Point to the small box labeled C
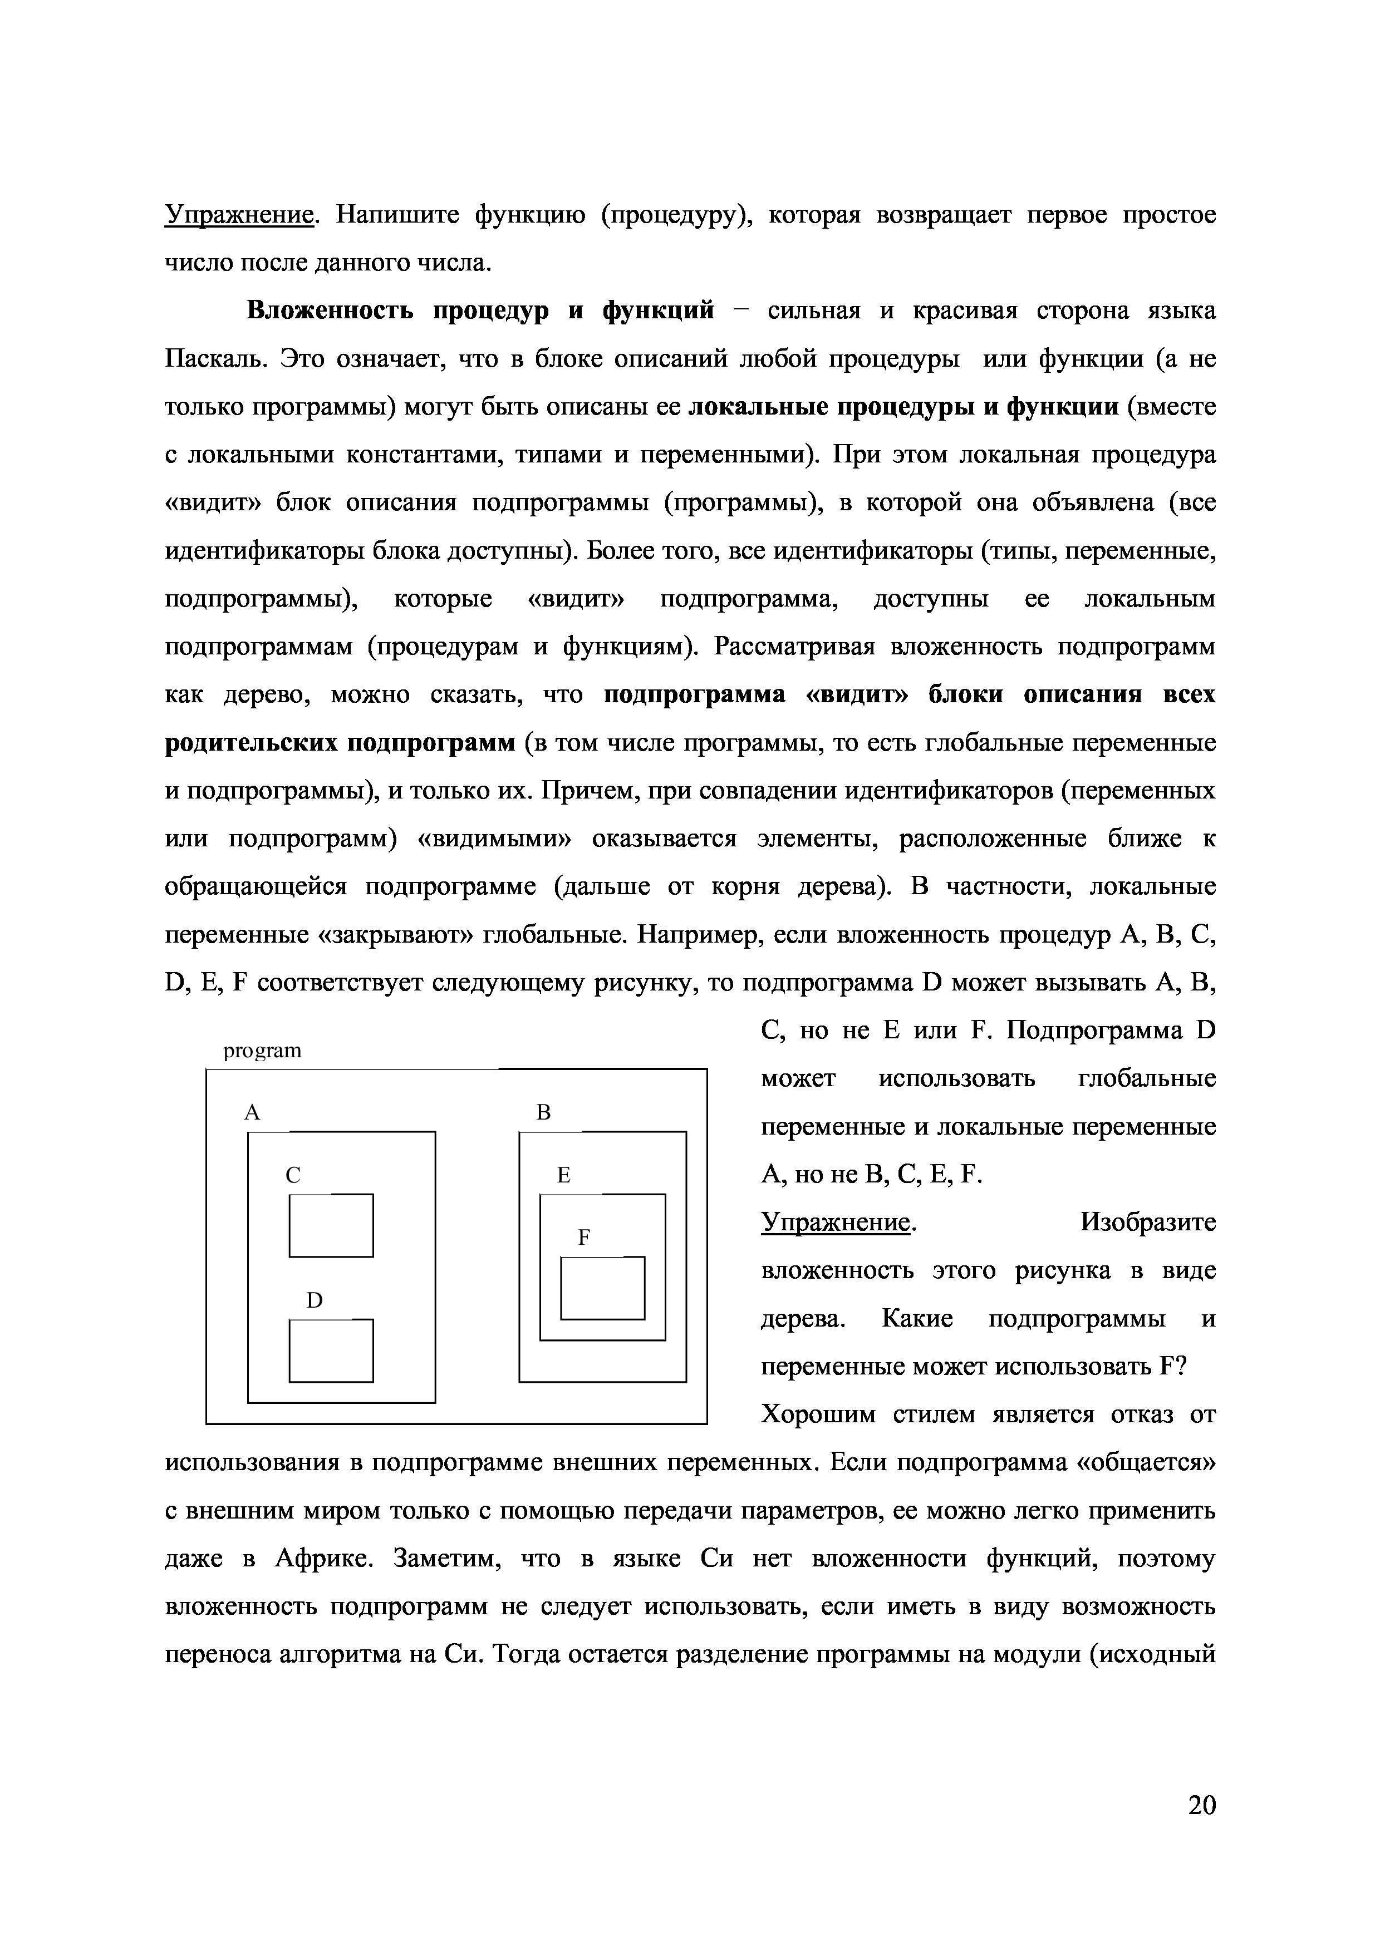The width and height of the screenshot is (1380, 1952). point(331,1225)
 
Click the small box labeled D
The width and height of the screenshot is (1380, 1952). point(331,1350)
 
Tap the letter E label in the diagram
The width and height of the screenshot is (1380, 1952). point(563,1175)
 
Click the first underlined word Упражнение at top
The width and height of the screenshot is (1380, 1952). point(239,215)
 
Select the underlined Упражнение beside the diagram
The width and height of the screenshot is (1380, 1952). point(836,1223)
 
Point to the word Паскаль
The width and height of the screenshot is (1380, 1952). point(216,359)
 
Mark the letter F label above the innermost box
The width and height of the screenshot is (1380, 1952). point(583,1238)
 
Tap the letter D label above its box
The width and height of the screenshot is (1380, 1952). point(315,1301)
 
